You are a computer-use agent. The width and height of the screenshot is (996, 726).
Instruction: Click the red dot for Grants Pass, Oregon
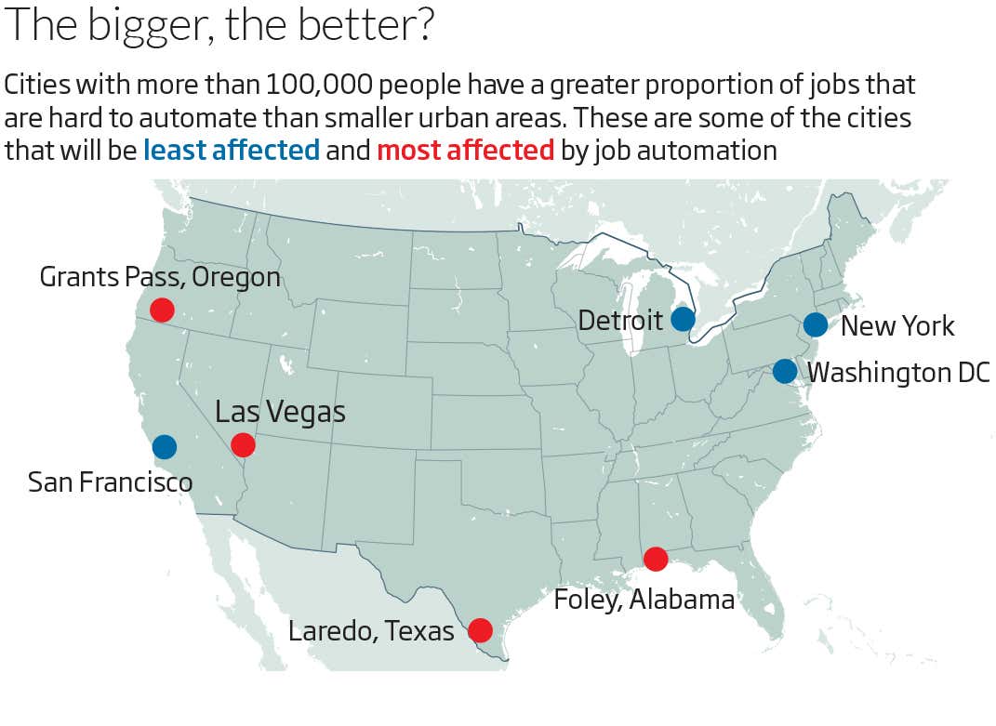162,310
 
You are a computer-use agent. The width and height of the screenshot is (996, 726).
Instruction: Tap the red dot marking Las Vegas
243,444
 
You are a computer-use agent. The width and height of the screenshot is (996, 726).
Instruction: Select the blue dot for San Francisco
165,447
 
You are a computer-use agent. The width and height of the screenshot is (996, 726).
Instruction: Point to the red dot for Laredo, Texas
480,630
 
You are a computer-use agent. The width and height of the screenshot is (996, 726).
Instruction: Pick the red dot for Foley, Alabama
656,559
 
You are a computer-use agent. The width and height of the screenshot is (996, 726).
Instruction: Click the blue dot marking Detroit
683,320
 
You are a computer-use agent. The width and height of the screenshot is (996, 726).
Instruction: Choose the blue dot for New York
816,324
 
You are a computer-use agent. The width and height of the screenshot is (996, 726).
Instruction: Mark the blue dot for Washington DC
785,371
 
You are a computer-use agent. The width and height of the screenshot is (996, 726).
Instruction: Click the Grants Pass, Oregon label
160,277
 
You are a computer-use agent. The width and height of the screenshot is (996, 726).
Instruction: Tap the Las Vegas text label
280,412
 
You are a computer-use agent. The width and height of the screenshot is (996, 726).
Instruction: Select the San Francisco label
110,482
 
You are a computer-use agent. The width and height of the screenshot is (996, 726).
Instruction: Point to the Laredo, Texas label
371,631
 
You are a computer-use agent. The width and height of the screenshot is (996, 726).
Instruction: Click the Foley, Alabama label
644,600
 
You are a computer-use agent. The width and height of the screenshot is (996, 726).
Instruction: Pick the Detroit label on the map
620,321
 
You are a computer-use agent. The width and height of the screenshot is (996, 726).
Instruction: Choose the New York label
896,325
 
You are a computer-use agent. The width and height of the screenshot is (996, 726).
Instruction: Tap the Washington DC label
897,372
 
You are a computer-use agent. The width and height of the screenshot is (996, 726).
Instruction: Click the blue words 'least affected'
232,150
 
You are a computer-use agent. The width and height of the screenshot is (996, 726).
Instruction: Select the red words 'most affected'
465,150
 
